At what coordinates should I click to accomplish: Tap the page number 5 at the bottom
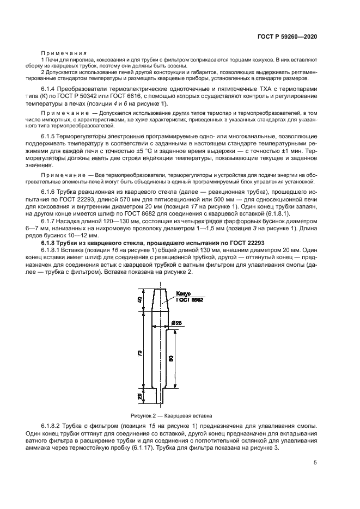point(315,463)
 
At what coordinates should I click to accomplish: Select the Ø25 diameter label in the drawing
point(176,323)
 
